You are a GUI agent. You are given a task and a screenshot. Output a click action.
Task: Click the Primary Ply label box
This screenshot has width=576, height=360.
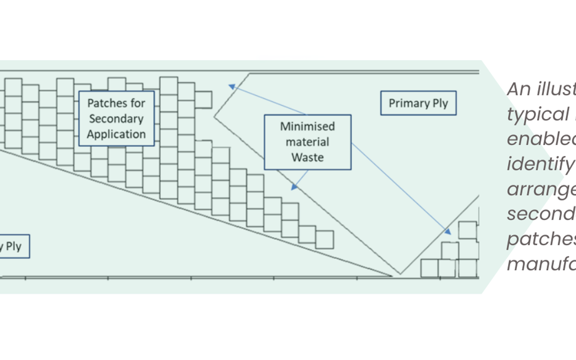(418, 103)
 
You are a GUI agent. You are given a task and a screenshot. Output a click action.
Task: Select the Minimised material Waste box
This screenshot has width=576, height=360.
(308, 142)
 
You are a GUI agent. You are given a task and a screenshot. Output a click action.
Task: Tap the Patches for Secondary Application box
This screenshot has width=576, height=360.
(116, 119)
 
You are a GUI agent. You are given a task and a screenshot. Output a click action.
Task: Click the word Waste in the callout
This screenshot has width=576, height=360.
(308, 157)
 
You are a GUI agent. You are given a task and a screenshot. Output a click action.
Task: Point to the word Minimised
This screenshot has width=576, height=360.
(308, 127)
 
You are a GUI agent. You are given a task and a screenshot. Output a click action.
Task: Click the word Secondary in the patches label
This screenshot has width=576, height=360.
(116, 119)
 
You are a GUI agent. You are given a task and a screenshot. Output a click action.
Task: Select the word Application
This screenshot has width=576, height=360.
(116, 134)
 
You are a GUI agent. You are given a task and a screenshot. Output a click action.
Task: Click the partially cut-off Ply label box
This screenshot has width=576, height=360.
(13, 246)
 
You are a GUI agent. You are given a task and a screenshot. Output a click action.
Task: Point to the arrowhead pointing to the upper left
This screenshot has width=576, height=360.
(231, 86)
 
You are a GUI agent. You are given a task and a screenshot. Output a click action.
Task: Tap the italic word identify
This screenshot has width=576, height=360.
(540, 165)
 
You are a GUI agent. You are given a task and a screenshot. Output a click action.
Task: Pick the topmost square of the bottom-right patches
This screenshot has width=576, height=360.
(468, 230)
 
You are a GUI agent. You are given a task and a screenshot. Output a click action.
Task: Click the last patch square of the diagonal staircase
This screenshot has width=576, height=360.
(324, 240)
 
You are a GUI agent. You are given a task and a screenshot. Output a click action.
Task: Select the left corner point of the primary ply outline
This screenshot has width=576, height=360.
(215, 116)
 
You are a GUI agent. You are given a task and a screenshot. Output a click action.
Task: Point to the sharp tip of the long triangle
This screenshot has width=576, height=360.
(392, 276)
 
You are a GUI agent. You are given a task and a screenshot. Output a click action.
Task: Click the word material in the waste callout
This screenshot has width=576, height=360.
(308, 142)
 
